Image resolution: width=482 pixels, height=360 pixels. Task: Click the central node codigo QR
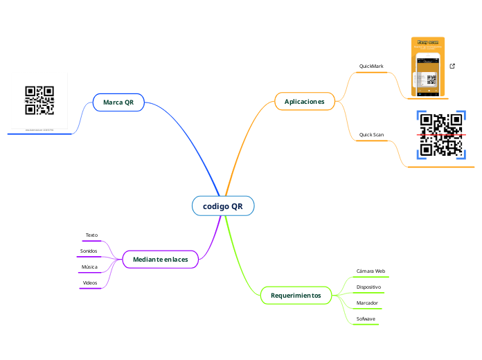pyautogui.click(x=223, y=206)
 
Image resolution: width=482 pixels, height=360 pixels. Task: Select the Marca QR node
pyautogui.click(x=118, y=102)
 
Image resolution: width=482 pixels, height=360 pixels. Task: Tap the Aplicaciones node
pyautogui.click(x=304, y=102)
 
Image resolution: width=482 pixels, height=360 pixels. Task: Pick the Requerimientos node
pyautogui.click(x=296, y=296)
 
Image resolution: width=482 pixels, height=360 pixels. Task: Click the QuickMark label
pyautogui.click(x=371, y=66)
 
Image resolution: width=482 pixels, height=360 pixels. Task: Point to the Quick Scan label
pyautogui.click(x=371, y=134)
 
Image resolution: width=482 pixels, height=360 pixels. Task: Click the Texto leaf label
pyautogui.click(x=91, y=235)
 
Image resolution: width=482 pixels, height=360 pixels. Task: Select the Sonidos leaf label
pyautogui.click(x=89, y=251)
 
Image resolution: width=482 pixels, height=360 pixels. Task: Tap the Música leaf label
pyautogui.click(x=89, y=267)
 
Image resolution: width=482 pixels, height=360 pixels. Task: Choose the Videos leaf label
pyautogui.click(x=90, y=283)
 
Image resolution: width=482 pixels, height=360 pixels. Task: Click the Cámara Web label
pyautogui.click(x=371, y=271)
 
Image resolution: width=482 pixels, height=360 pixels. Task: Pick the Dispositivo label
pyautogui.click(x=368, y=287)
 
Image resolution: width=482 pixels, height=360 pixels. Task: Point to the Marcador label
pyautogui.click(x=367, y=303)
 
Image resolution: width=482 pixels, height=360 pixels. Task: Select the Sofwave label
pyautogui.click(x=366, y=319)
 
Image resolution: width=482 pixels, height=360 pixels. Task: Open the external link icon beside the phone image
pyautogui.click(x=452, y=66)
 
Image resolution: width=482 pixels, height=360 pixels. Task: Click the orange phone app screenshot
pyautogui.click(x=428, y=67)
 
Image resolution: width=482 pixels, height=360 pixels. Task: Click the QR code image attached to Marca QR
pyautogui.click(x=39, y=100)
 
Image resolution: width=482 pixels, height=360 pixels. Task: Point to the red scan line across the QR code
pyautogui.click(x=441, y=134)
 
